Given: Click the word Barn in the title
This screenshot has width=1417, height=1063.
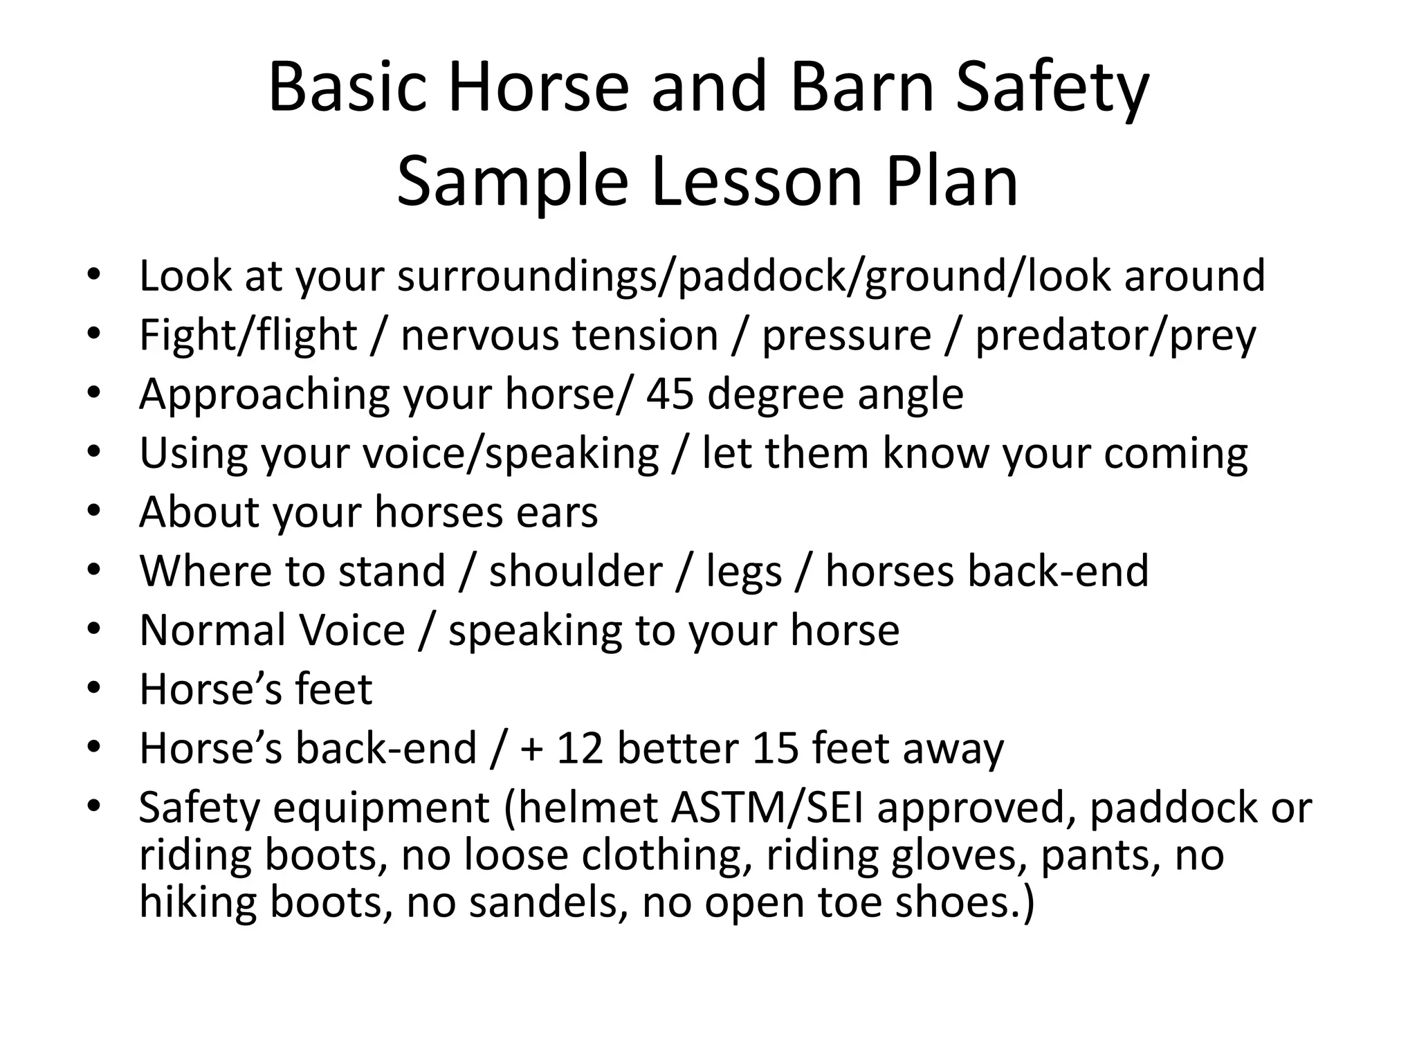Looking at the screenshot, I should (x=863, y=88).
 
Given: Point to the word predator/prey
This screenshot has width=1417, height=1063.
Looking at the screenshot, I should (x=1115, y=336).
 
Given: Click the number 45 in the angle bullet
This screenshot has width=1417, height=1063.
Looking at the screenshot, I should (x=669, y=394).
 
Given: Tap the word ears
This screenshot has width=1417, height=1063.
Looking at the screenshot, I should (x=557, y=513).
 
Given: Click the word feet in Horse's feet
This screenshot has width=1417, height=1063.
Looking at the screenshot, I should (x=333, y=690).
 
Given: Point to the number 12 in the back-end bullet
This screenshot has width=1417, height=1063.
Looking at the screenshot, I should (x=580, y=749).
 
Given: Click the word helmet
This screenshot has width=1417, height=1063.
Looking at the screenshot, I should (x=585, y=808).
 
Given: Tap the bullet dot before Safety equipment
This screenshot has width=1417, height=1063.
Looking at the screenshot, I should (x=94, y=806).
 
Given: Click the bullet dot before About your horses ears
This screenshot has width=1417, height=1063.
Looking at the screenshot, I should (x=94, y=511).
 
